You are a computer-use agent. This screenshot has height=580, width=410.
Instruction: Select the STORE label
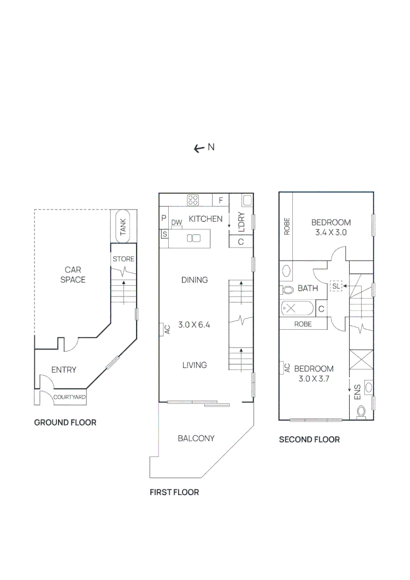(123, 259)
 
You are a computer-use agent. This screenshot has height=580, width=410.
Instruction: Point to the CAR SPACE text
(73, 274)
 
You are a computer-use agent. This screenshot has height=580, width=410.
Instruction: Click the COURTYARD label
(69, 397)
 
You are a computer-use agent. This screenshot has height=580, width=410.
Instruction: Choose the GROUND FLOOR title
(65, 423)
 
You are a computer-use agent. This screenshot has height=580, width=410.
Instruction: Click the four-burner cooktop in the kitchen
(193, 200)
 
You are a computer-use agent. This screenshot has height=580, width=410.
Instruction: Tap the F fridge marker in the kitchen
(220, 200)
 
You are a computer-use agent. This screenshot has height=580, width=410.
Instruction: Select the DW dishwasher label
(177, 222)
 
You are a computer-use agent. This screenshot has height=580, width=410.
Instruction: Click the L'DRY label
(241, 222)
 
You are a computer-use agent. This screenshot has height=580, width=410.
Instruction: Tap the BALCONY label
(196, 438)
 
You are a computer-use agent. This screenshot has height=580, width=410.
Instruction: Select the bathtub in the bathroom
(297, 309)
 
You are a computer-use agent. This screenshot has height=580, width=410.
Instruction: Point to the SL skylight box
(336, 286)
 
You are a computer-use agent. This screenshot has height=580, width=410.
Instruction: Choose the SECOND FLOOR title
(309, 439)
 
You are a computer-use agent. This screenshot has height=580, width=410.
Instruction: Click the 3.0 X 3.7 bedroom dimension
(314, 379)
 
